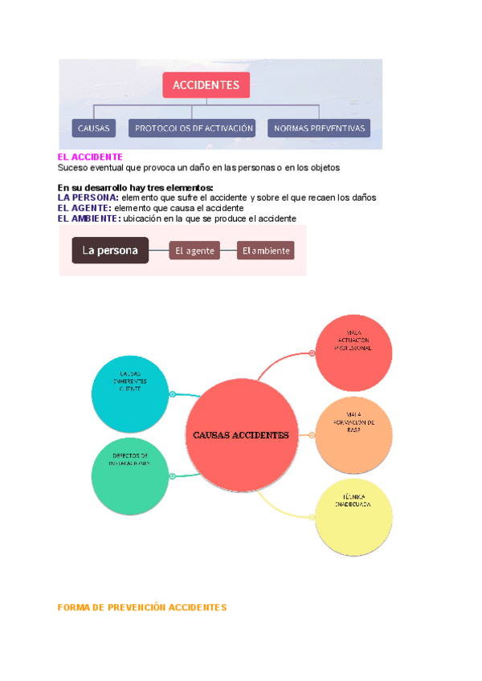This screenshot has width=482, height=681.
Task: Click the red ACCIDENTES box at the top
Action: click(206, 85)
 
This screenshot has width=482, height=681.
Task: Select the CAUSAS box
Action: click(94, 128)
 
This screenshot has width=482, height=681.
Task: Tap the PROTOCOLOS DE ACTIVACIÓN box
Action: click(194, 128)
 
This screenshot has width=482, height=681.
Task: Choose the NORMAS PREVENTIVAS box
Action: click(319, 128)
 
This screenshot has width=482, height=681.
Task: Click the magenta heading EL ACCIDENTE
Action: click(90, 157)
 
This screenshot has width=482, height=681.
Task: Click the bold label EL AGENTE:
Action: click(84, 207)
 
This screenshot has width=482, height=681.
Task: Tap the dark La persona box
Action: click(110, 251)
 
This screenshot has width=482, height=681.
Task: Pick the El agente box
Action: click(194, 251)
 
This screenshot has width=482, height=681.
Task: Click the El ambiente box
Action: click(265, 251)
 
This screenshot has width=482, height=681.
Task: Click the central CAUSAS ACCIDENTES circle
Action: click(241, 435)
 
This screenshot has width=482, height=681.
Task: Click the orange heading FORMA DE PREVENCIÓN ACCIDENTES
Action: click(142, 608)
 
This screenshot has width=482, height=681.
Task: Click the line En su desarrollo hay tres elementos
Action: click(136, 187)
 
